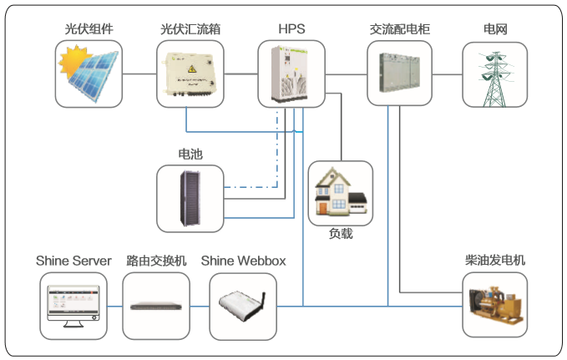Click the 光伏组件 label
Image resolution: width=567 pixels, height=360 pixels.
[x=90, y=29]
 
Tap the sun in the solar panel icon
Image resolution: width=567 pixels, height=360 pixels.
[x=69, y=60]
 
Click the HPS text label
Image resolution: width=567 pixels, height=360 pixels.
[x=291, y=29]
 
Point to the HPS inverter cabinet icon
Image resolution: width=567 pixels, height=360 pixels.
[x=291, y=74]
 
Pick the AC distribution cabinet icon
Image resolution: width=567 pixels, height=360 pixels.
[x=400, y=74]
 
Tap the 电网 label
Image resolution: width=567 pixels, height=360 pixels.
[x=495, y=29]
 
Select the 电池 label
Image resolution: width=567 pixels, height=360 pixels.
[x=190, y=155]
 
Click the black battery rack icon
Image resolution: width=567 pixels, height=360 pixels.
[x=190, y=199]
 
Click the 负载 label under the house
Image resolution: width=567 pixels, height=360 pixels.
[x=340, y=234]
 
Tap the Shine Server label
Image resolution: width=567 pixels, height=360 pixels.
[x=73, y=261]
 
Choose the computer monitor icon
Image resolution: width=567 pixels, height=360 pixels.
[x=73, y=305]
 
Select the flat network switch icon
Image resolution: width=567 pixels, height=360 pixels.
[x=155, y=306]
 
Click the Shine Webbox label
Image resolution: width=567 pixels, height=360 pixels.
[x=243, y=261]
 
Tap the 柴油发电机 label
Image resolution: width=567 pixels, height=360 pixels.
[x=495, y=261]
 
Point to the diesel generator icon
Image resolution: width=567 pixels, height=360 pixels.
[x=495, y=306]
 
